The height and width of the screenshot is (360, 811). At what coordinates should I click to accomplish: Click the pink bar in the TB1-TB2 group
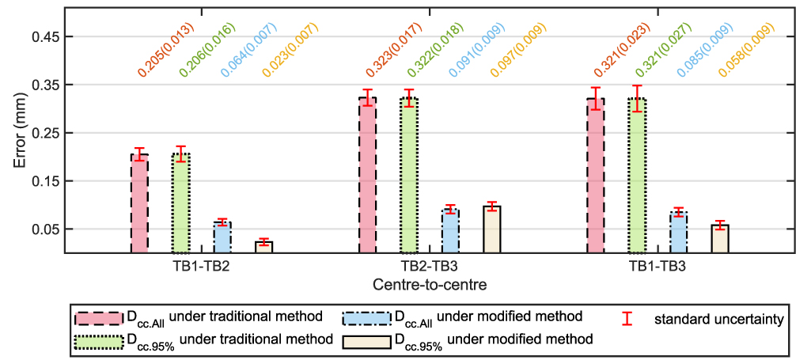139,203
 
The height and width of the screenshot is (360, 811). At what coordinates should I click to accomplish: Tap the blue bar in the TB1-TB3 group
678,233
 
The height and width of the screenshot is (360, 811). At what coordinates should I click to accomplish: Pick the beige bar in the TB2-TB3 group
491,229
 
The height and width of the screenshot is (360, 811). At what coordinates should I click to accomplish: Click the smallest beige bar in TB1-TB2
263,247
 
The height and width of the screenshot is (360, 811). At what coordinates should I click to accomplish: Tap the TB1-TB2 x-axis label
201,267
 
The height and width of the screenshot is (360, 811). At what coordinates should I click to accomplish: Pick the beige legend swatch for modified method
366,341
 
